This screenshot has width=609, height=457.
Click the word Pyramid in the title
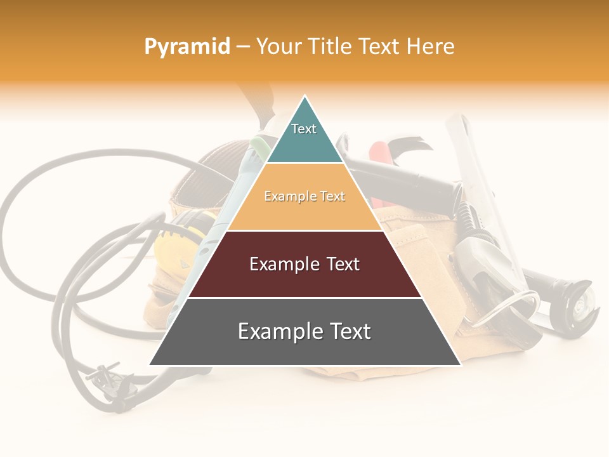coord(187,47)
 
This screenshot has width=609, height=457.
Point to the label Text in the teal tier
coord(304,129)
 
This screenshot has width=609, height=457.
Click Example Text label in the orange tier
coord(304,196)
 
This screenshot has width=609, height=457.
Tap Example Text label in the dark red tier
coord(304,264)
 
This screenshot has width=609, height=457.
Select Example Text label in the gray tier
coord(304,331)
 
